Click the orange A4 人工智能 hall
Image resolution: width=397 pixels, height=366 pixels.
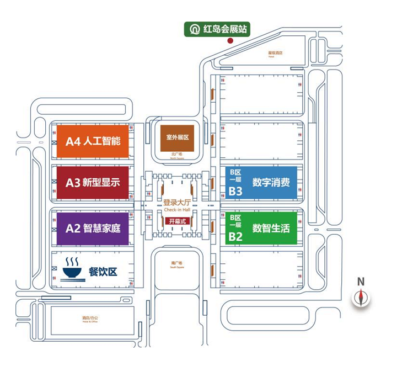coord(93,140)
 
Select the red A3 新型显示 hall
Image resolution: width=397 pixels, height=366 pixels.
coord(93,183)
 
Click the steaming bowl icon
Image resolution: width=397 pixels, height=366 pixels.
coord(72,269)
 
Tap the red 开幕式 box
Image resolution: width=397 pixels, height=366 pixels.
coord(177,221)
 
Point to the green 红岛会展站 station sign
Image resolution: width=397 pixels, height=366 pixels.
coord(216,29)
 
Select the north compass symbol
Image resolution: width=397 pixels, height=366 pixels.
coord(361,297)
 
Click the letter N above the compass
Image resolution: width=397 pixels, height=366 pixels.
coord(361,282)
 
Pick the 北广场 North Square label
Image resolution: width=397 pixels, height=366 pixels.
coord(176,155)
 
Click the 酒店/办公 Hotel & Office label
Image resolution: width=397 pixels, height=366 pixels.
coord(90,319)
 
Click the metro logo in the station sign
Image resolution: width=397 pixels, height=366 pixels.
coord(195,29)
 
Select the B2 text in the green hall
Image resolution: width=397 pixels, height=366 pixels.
coord(236,237)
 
